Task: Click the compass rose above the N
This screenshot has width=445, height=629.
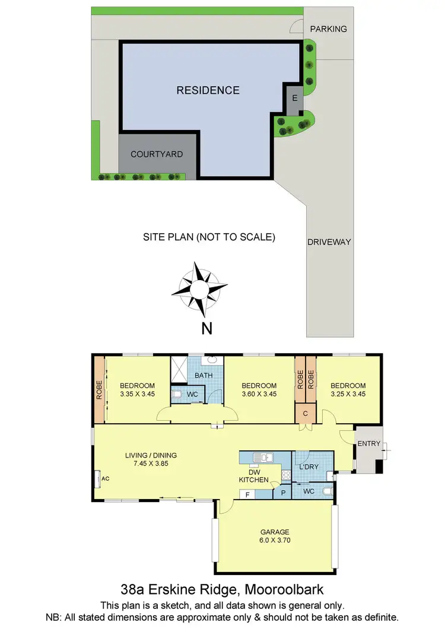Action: coord(199,289)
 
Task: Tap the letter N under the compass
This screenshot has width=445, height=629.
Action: coord(206,329)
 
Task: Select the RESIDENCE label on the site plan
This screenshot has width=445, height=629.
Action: coord(208,90)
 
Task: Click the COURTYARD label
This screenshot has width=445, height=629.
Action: coord(157,154)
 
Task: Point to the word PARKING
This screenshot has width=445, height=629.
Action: coord(328,28)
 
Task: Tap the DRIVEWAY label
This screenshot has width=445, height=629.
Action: coord(329,242)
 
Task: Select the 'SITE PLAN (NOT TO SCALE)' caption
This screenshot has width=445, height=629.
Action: coord(209,237)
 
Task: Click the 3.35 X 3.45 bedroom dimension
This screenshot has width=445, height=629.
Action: coord(137,393)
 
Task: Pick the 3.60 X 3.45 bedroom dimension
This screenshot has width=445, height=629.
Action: coord(259,393)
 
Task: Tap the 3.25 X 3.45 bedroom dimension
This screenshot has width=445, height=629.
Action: coord(348,393)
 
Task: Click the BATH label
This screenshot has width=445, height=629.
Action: coord(204,376)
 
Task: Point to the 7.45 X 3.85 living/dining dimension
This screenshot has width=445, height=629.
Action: coord(151,464)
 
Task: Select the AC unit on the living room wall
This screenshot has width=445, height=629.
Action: coord(98,478)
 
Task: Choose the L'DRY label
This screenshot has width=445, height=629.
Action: coord(309,467)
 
